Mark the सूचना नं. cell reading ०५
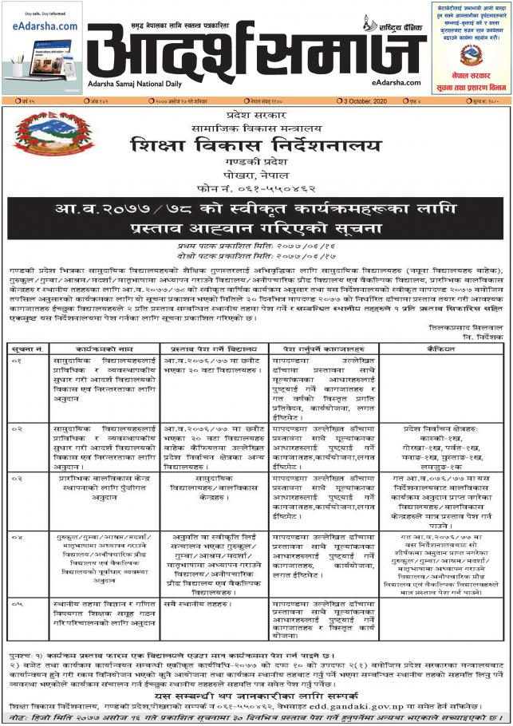[26, 604]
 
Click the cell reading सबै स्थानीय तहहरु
[195, 605]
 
